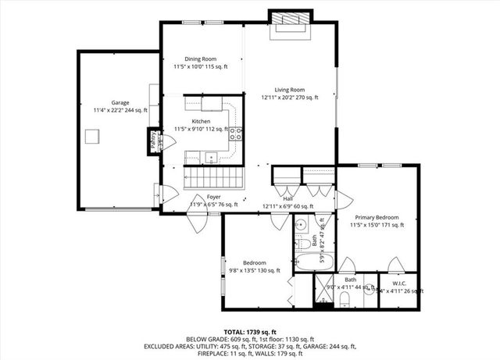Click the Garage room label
coord(120,102)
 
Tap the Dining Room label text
coord(200,59)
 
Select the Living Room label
coord(289,90)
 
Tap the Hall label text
coord(287,198)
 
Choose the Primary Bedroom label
coord(377,217)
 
